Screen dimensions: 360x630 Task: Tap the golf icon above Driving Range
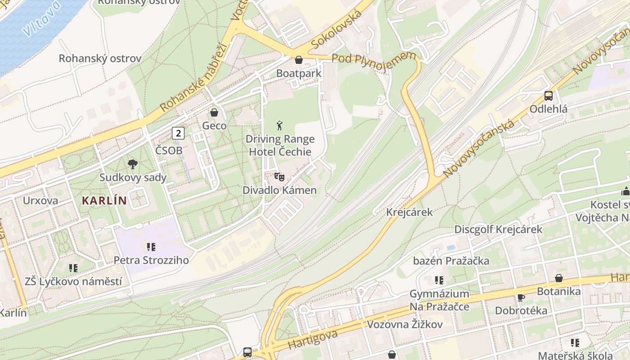point(280,125)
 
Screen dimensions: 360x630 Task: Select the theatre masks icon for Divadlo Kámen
point(279,176)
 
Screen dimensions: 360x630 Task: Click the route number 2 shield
point(179,133)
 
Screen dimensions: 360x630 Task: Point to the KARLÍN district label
point(104,201)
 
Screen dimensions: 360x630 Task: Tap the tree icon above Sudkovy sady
point(133,164)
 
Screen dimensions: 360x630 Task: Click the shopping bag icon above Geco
point(214,112)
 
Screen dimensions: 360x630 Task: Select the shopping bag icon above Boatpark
point(298,60)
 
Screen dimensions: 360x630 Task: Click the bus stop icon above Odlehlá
point(548,95)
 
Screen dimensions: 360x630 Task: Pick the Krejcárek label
point(409,212)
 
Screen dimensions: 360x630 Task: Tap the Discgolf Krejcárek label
point(498,229)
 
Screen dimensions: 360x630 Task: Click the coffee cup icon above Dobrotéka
point(521,297)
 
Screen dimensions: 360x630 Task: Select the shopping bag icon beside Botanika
point(558,278)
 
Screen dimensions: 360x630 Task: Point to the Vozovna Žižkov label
point(405,324)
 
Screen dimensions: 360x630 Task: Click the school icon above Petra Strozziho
point(151,247)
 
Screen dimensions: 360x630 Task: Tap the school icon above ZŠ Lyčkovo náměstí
point(73,268)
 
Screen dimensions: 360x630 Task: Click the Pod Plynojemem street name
point(373,58)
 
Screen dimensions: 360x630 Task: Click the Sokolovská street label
point(336,30)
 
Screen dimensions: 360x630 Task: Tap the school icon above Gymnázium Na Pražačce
point(439,280)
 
